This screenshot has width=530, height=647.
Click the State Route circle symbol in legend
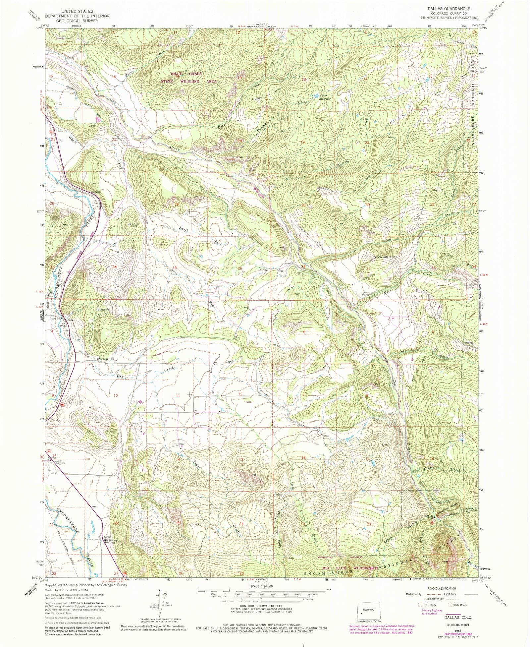pos(450,605)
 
